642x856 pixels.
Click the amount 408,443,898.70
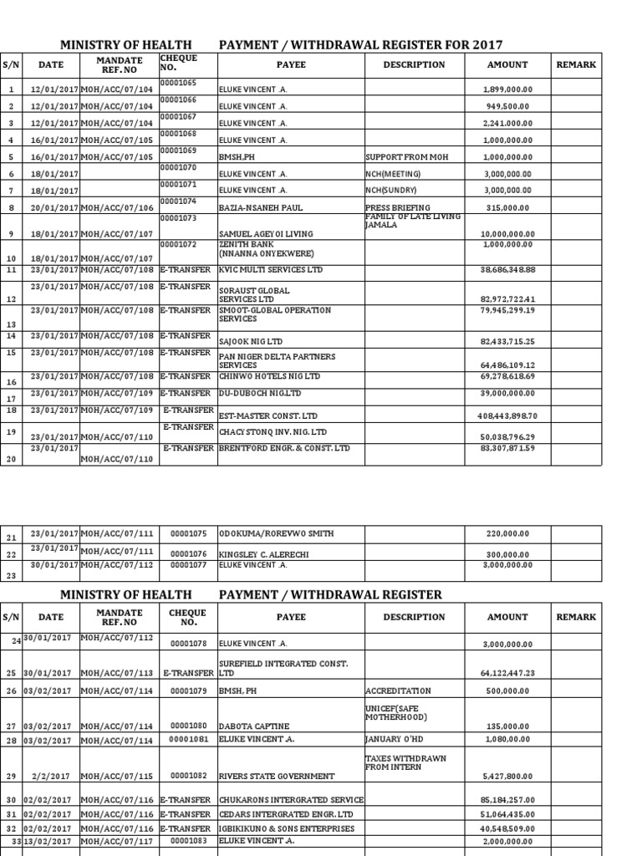click(x=508, y=415)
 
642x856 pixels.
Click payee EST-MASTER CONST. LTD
click(x=268, y=415)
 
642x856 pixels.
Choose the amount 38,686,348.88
click(x=508, y=271)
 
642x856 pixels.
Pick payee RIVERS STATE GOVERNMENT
click(x=276, y=777)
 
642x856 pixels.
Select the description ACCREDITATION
click(x=398, y=691)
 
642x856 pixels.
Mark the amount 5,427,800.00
click(x=508, y=777)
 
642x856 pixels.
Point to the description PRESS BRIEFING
click(x=398, y=207)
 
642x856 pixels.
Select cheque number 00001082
click(x=188, y=777)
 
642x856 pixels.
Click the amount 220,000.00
click(x=509, y=533)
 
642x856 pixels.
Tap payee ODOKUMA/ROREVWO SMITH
click(x=275, y=533)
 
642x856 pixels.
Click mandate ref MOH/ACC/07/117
click(x=117, y=843)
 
